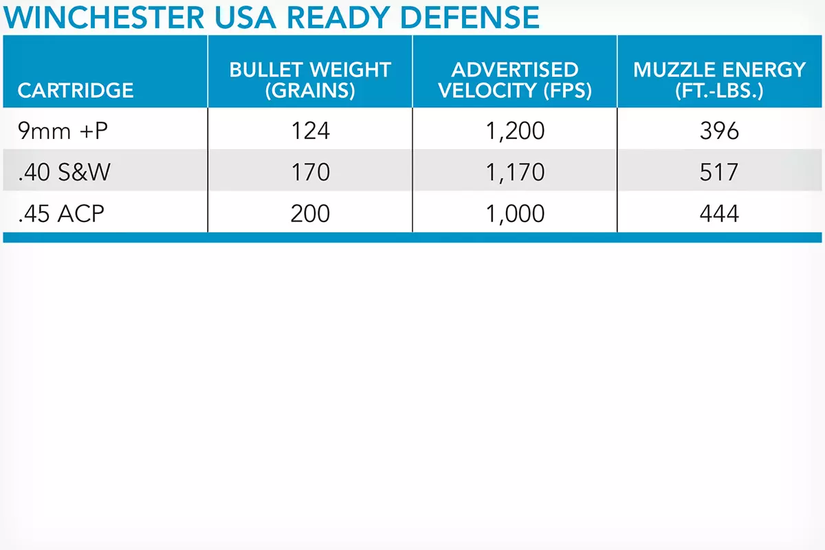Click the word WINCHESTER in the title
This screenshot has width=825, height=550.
click(x=104, y=17)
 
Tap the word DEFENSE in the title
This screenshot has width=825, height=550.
click(x=470, y=17)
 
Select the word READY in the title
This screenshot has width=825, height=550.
click(x=338, y=17)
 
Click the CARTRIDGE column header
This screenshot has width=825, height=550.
click(x=76, y=90)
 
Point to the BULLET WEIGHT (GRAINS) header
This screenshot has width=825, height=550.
click(x=310, y=80)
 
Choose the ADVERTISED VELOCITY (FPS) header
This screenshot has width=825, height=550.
click(x=515, y=80)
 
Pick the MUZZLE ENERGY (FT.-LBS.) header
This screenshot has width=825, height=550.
click(x=719, y=80)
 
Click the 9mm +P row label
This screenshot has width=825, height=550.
click(x=63, y=131)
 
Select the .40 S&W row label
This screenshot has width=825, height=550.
click(x=64, y=172)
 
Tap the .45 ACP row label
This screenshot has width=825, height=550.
click(x=61, y=214)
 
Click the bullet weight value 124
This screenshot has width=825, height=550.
click(x=310, y=131)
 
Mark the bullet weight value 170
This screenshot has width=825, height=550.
click(x=310, y=172)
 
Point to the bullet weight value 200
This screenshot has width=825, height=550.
click(x=310, y=214)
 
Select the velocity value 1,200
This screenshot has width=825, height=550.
click(x=515, y=131)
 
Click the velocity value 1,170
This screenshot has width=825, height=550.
click(x=515, y=173)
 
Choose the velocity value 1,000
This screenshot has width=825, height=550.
click(x=515, y=214)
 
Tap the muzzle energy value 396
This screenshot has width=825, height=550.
click(x=719, y=131)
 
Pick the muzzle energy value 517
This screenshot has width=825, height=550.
click(x=719, y=172)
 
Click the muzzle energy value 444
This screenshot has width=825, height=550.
click(x=719, y=214)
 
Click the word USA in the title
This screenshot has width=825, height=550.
click(x=245, y=17)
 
